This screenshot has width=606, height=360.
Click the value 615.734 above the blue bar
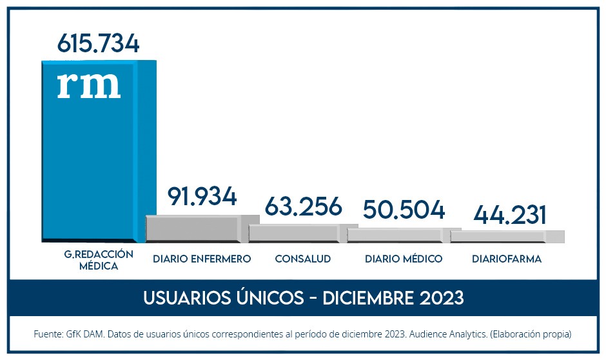[98, 43]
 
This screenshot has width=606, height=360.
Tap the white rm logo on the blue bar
[88, 85]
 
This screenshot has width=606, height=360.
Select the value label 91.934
[202, 197]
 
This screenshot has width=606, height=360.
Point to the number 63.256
[303, 207]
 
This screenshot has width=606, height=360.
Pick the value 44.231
[510, 215]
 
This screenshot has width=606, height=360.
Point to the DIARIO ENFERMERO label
[202, 259]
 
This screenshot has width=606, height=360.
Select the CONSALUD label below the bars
[303, 259]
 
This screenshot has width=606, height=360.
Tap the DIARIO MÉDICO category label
[404, 259]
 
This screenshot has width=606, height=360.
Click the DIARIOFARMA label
[507, 259]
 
